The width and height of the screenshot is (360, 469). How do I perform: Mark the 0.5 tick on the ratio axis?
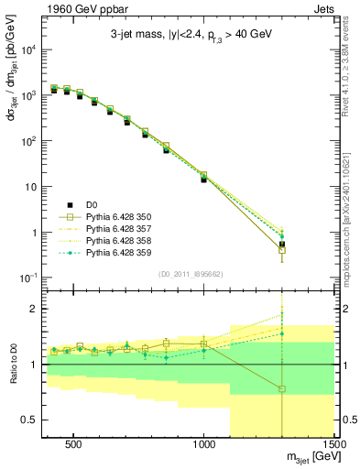pos(27,420)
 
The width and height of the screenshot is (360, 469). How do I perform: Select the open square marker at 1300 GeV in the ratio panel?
pos(282,388)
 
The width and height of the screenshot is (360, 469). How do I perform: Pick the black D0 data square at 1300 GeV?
pos(282,245)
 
